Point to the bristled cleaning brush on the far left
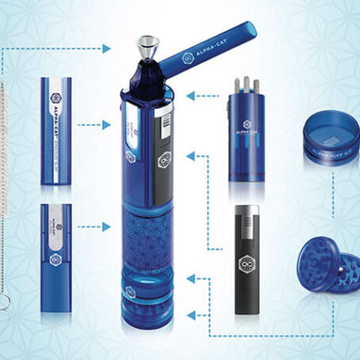[x=9, y=167]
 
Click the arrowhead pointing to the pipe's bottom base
[x=190, y=314]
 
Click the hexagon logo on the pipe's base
[x=130, y=294]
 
